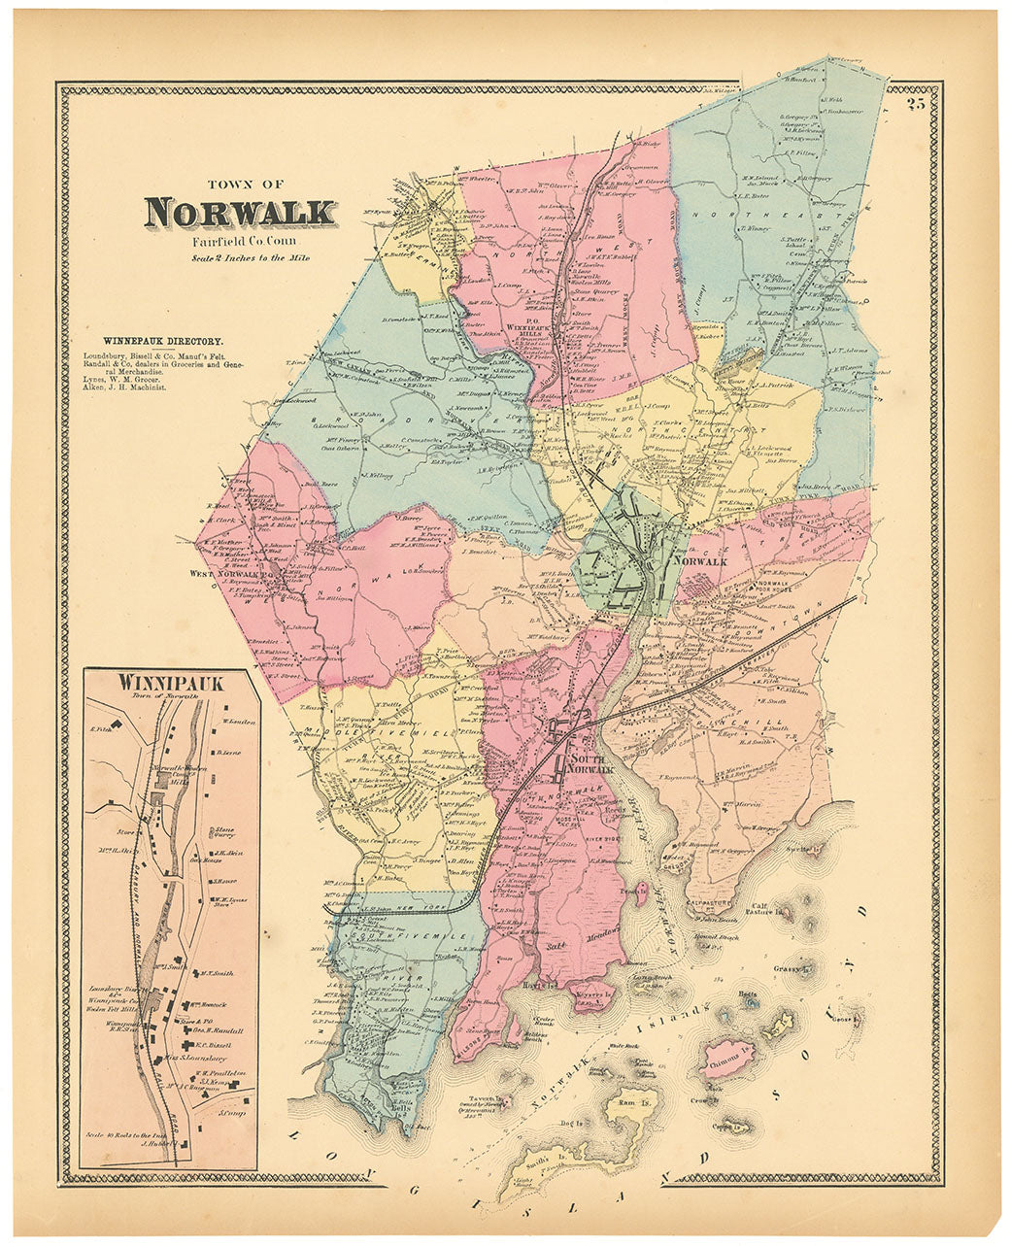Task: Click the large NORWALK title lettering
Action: (x=241, y=213)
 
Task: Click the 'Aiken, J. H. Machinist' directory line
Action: (x=124, y=387)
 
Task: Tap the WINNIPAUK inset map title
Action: (x=171, y=683)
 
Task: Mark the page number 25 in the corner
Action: (x=915, y=105)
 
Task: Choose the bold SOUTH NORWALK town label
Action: (x=592, y=763)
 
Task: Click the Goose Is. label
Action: (x=846, y=1019)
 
